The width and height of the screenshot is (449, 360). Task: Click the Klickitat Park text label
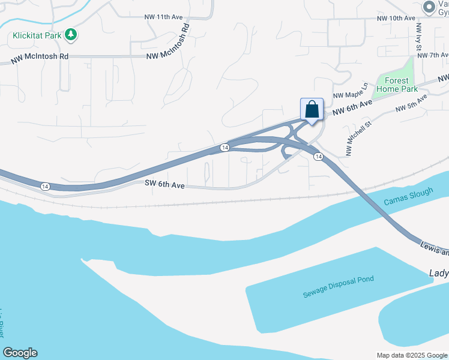tap(37, 35)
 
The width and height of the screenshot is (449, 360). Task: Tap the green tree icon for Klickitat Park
tap(71, 35)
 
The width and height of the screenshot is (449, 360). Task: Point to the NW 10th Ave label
tap(396, 19)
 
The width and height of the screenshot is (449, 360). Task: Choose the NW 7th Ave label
tap(433, 55)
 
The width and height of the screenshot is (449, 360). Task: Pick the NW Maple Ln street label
tap(351, 92)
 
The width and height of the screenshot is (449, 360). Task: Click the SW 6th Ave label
tap(164, 185)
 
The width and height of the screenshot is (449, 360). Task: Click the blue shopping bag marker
tap(312, 110)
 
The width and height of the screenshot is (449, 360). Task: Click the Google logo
tap(20, 353)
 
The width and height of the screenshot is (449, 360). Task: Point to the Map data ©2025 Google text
tap(412, 355)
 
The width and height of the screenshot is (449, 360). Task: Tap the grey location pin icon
tap(429, 7)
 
